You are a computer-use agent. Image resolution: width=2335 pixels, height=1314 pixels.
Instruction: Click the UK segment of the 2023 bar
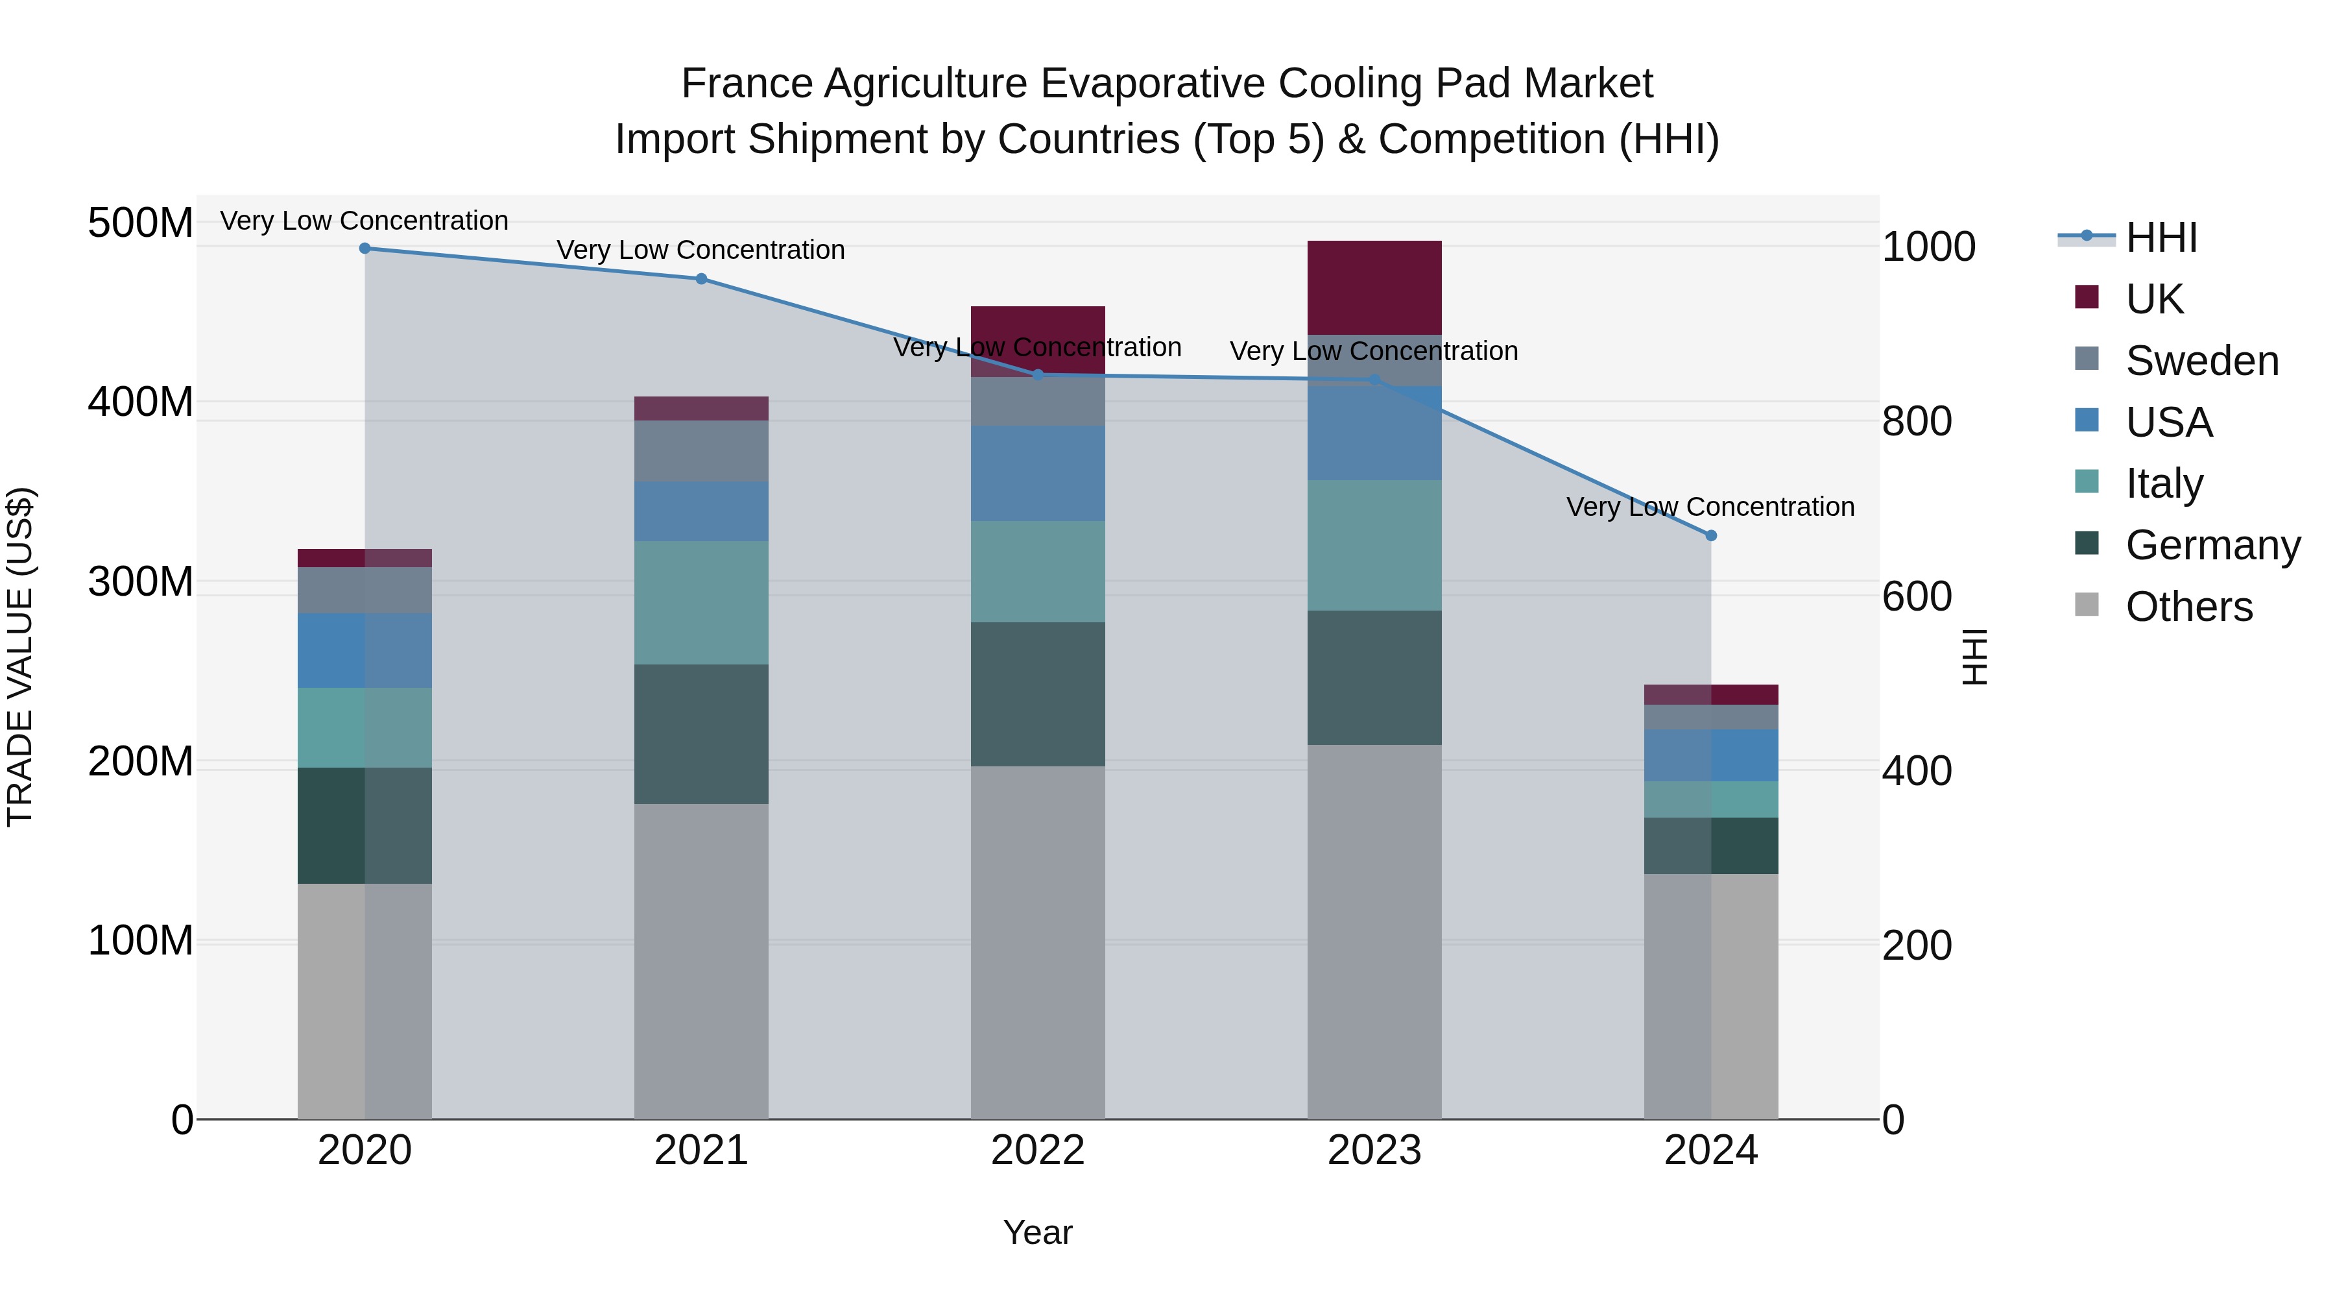pos(1374,287)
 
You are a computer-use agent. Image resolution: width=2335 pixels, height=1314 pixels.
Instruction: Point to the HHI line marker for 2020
pos(365,249)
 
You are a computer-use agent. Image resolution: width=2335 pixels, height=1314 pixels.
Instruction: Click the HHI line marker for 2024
pos(1712,536)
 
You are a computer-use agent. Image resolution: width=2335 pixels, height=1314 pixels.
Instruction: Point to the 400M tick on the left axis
pos(141,402)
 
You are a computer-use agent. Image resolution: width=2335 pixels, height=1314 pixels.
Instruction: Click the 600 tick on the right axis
pos(1916,597)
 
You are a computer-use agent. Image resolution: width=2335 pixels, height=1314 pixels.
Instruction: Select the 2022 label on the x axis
pos(1038,1150)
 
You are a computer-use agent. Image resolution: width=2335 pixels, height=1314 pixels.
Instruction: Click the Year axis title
pos(1038,1232)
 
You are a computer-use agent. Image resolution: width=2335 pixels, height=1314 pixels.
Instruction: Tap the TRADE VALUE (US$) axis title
pos(20,657)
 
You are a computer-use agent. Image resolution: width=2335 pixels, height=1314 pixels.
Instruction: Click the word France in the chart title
pos(747,84)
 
